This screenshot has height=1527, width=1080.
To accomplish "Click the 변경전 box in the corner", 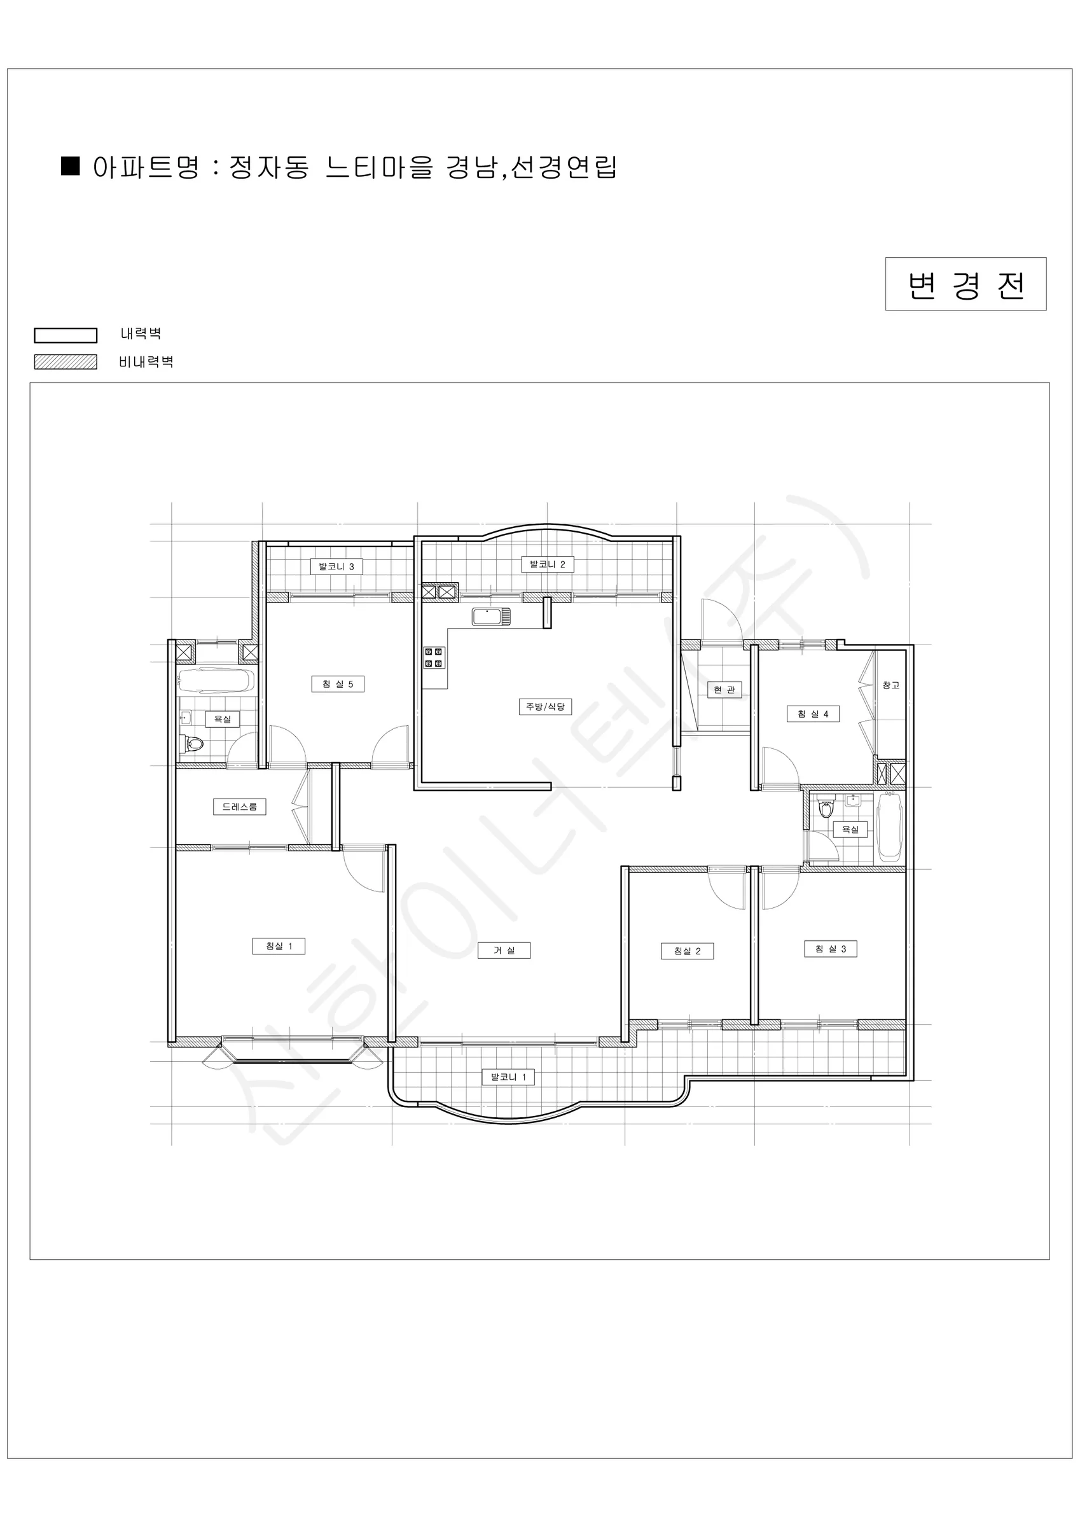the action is pyautogui.click(x=966, y=284).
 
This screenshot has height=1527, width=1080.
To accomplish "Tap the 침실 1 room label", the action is pyautogui.click(x=279, y=946).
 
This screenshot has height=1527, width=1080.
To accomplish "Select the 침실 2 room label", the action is pyautogui.click(x=687, y=951).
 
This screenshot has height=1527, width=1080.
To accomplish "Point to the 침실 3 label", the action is pyautogui.click(x=831, y=949).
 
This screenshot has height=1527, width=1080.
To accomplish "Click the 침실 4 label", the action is pyautogui.click(x=813, y=715).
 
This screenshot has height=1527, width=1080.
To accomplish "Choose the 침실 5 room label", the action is pyautogui.click(x=338, y=684).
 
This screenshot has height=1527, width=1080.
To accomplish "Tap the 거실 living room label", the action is pyautogui.click(x=504, y=951).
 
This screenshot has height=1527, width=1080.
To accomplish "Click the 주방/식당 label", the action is pyautogui.click(x=545, y=706).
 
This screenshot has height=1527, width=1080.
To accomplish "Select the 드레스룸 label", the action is pyautogui.click(x=239, y=807).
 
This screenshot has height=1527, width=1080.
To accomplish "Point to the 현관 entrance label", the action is pyautogui.click(x=724, y=690).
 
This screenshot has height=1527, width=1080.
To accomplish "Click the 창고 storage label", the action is pyautogui.click(x=891, y=685).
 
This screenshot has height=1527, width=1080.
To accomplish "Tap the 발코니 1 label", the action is pyautogui.click(x=508, y=1077).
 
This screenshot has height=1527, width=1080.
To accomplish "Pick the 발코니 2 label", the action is pyautogui.click(x=548, y=564).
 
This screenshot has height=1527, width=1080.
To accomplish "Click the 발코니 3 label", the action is pyautogui.click(x=336, y=567).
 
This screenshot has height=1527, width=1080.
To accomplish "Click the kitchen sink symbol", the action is pyautogui.click(x=492, y=617).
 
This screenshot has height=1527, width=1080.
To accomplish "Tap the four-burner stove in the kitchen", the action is pyautogui.click(x=434, y=658).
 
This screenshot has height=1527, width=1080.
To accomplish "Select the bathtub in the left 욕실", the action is pyautogui.click(x=216, y=681).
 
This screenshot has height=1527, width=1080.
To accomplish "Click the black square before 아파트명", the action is pyautogui.click(x=71, y=166).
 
